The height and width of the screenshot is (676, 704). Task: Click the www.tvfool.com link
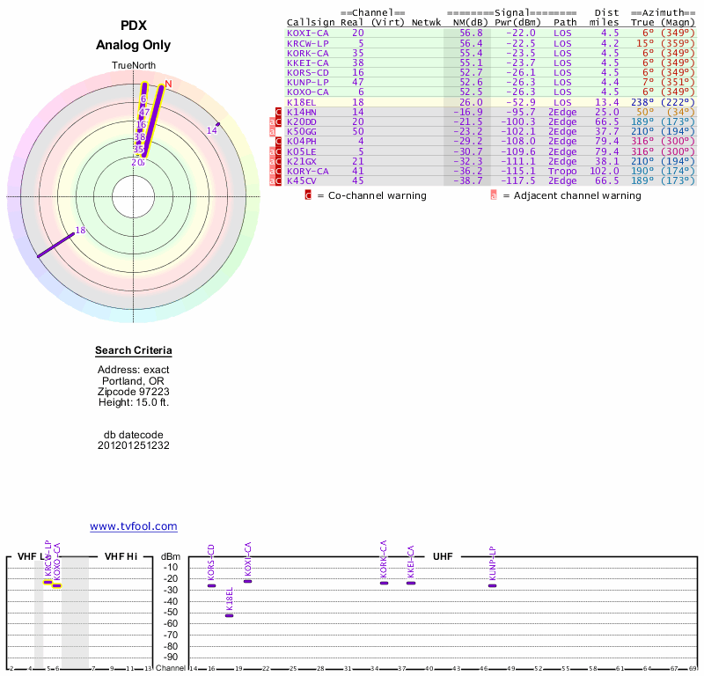[x=133, y=526]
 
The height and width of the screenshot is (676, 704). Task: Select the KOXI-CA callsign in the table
[x=307, y=33]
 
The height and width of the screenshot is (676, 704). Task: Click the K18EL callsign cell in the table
[x=302, y=102]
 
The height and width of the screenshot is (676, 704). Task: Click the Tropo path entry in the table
[x=564, y=171]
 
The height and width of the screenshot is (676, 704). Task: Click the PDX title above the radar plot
[x=133, y=26]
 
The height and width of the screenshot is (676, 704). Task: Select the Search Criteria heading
[x=133, y=351]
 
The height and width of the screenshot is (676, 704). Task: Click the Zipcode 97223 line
[x=133, y=392]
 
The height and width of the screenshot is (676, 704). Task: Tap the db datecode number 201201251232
[x=133, y=445]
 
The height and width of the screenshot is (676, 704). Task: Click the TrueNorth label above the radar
[x=133, y=66]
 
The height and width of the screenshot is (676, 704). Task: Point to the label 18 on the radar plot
[x=80, y=231]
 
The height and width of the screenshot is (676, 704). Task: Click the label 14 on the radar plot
[x=211, y=131]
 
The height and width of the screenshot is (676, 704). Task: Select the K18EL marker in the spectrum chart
[x=230, y=615]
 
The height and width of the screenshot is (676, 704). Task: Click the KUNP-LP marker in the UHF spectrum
[x=492, y=585]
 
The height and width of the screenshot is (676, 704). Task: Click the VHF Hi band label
[x=121, y=556]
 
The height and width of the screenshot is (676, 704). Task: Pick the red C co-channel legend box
[x=308, y=195]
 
